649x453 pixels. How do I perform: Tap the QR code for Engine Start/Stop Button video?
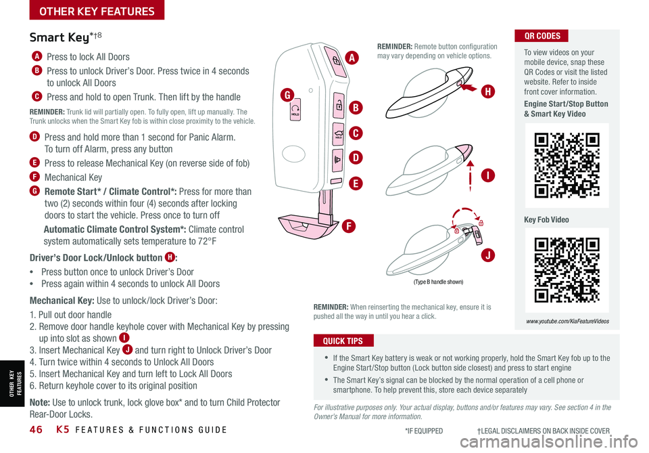point(567,165)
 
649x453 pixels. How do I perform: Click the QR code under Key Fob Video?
point(567,270)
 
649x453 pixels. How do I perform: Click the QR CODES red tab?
point(542,36)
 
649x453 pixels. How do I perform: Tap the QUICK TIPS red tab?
point(343,341)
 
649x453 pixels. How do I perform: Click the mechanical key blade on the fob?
point(327,207)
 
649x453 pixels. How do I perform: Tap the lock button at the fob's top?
point(335,60)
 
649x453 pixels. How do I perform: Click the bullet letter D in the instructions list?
point(34,138)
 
